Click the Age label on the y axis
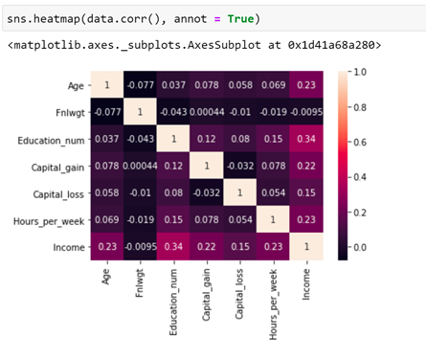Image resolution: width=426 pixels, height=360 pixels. coord(75,84)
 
